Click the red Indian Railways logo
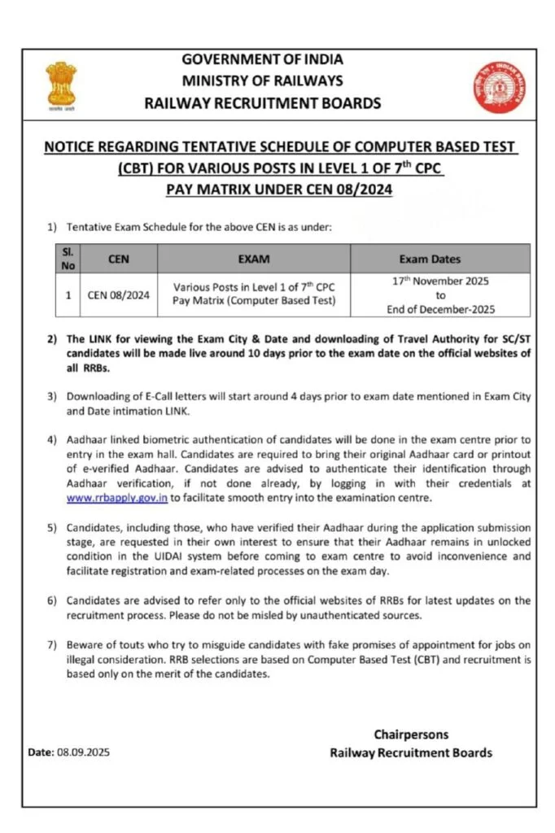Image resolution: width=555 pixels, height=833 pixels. tap(492, 87)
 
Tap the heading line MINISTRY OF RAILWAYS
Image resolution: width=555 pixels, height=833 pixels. tap(262, 81)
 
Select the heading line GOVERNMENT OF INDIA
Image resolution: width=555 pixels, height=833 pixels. tap(262, 59)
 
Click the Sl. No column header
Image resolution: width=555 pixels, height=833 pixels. tap(68, 259)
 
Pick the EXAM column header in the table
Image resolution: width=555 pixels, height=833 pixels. tap(254, 259)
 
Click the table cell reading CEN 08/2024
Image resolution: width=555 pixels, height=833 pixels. tap(119, 295)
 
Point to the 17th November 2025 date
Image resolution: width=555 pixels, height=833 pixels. tap(440, 281)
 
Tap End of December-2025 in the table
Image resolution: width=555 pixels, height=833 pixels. tap(440, 309)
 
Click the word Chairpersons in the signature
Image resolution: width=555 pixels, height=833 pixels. tap(411, 735)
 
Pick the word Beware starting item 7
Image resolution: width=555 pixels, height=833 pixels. tap(85, 645)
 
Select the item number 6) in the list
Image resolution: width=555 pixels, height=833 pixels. tap(51, 600)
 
